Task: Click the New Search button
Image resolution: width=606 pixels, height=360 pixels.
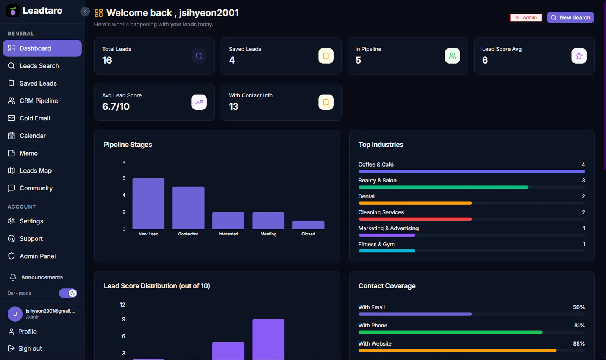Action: pyautogui.click(x=570, y=17)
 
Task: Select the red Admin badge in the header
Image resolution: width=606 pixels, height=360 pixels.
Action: pyautogui.click(x=526, y=17)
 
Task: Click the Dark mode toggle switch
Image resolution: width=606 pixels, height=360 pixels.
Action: pyautogui.click(x=68, y=293)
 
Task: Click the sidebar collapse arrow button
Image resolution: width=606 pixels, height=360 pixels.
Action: pyautogui.click(x=85, y=11)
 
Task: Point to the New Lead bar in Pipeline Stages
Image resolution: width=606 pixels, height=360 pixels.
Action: pyautogui.click(x=148, y=204)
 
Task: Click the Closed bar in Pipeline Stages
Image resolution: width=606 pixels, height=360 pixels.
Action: pyautogui.click(x=308, y=225)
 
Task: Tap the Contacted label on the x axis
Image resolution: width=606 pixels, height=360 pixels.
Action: pyautogui.click(x=188, y=234)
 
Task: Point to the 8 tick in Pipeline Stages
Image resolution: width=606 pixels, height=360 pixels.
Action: pyautogui.click(x=124, y=162)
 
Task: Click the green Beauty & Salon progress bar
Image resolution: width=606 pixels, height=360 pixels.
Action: pyautogui.click(x=444, y=187)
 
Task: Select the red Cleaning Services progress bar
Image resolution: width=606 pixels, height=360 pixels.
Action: pyautogui.click(x=415, y=219)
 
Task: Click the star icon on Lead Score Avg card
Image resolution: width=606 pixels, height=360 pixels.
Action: pyautogui.click(x=579, y=56)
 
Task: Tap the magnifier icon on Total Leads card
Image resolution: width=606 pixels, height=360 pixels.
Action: pyautogui.click(x=199, y=56)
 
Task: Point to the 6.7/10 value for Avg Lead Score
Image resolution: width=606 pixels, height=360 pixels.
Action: pyautogui.click(x=116, y=107)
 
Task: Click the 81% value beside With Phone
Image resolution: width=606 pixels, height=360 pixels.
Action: pyautogui.click(x=579, y=326)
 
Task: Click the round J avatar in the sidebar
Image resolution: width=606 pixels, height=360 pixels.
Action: pyautogui.click(x=15, y=314)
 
